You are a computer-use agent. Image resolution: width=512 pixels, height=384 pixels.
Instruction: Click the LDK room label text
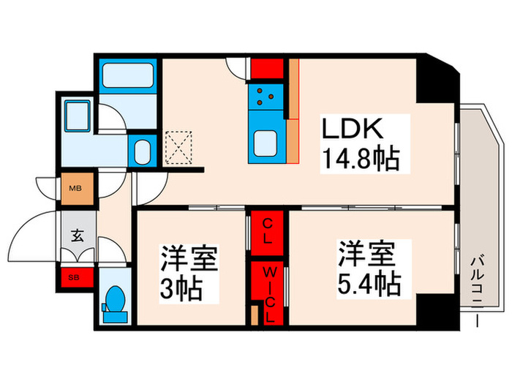point(352,129)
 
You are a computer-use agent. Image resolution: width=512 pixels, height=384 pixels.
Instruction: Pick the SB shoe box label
point(75,277)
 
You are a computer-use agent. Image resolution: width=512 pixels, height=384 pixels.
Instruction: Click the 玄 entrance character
point(77,236)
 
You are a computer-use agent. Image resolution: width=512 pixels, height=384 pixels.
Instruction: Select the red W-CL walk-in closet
point(268,293)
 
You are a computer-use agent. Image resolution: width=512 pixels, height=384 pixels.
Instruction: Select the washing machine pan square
point(76,116)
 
